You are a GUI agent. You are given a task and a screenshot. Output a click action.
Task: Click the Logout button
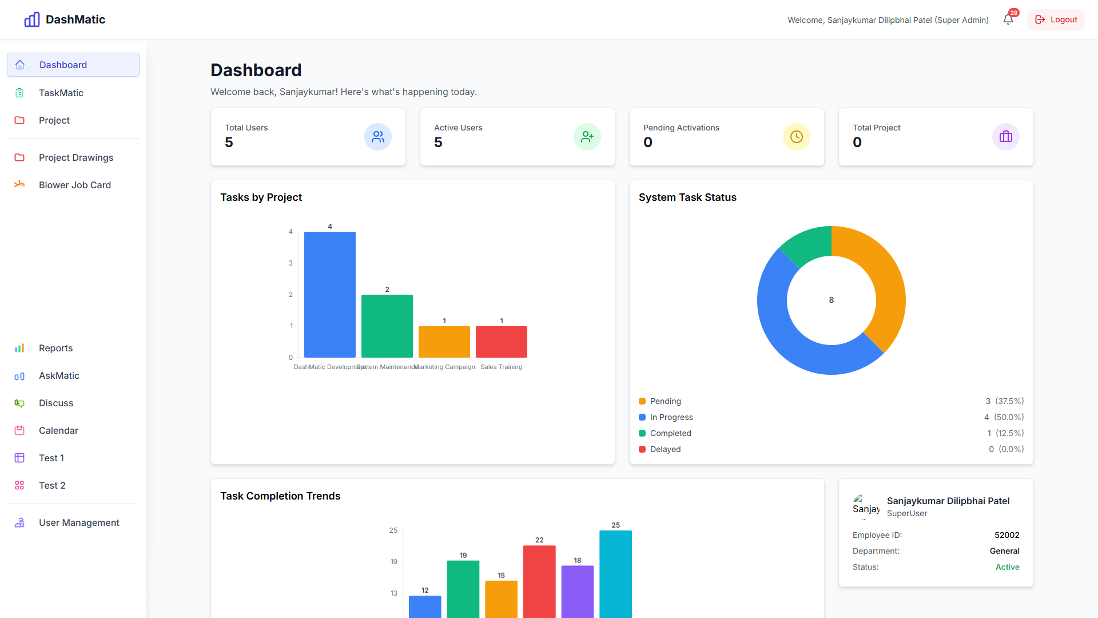1056,19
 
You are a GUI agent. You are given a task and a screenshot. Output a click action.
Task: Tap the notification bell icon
1008,19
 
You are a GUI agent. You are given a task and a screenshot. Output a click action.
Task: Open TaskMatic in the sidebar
61,93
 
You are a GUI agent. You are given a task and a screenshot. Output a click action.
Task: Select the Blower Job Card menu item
74,185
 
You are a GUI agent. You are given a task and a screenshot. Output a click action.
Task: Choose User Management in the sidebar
79,522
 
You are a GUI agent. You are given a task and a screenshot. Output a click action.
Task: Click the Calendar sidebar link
58,430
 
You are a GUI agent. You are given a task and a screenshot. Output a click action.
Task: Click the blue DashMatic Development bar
329,295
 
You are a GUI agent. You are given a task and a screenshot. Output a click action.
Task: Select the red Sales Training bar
501,342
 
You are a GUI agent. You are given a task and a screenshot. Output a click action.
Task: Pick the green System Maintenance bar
387,326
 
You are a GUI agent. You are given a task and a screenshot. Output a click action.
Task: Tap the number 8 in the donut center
831,300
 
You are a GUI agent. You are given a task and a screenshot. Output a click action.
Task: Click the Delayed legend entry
665,449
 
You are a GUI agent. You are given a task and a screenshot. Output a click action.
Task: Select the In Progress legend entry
671,417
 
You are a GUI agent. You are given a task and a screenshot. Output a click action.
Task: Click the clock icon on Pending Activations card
796,137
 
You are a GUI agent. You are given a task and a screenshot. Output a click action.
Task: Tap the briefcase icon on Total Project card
1005,137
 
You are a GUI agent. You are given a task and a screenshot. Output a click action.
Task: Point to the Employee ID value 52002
1006,535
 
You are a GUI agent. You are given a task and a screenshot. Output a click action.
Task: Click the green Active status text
1007,567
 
